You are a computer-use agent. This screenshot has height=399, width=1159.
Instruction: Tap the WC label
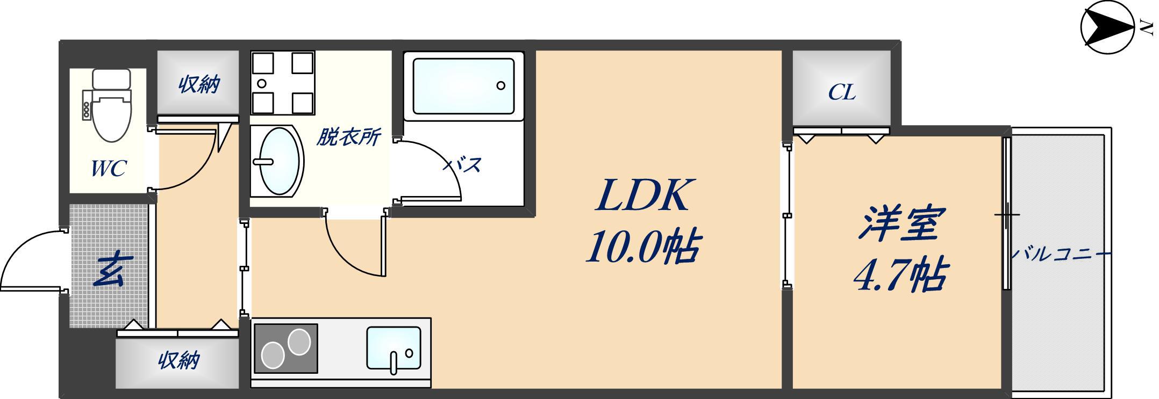(x=108, y=168)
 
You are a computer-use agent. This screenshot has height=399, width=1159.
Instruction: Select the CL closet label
(x=841, y=92)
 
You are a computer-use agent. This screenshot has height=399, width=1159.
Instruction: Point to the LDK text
(x=642, y=195)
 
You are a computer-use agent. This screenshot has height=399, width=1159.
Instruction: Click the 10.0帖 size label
(x=642, y=248)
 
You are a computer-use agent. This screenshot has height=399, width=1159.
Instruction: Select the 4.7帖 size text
(x=900, y=274)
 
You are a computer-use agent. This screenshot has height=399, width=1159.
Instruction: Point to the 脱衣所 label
(x=348, y=137)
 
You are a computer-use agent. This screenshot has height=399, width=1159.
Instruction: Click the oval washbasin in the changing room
(x=278, y=161)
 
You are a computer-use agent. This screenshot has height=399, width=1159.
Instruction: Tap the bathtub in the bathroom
(x=463, y=86)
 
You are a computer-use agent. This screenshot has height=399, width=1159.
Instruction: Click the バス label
(x=462, y=164)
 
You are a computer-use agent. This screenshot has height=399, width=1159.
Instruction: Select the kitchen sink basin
(x=394, y=347)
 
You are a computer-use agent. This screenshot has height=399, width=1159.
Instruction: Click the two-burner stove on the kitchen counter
(x=285, y=349)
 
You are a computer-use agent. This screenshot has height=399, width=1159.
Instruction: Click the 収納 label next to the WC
(x=199, y=84)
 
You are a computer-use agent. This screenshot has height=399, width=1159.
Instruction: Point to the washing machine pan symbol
(x=283, y=83)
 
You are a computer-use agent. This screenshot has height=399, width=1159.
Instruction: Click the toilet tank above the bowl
(x=111, y=79)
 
